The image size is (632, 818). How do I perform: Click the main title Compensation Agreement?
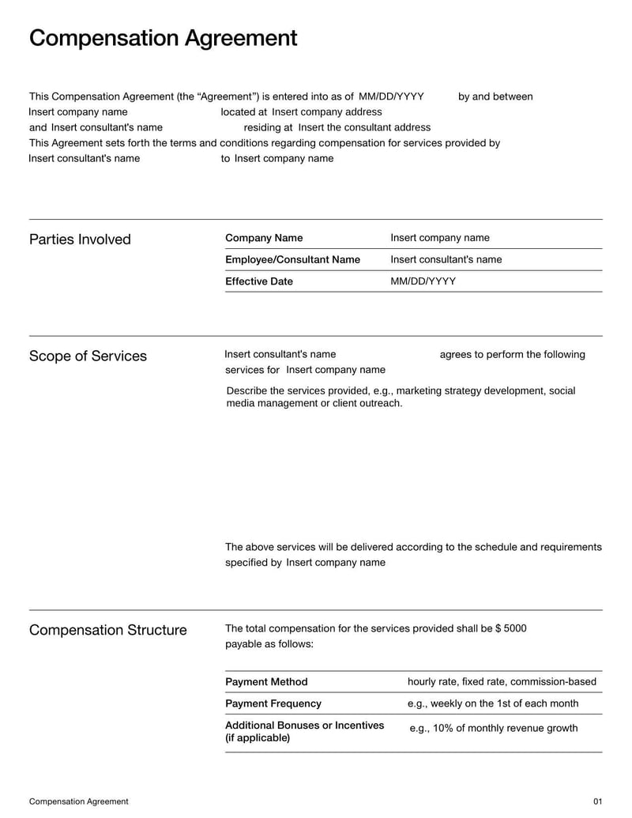pyautogui.click(x=163, y=38)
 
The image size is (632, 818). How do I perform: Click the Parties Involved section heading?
pyautogui.click(x=80, y=239)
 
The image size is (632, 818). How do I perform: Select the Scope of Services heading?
pyautogui.click(x=88, y=356)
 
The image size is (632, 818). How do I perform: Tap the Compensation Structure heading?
pyautogui.click(x=107, y=630)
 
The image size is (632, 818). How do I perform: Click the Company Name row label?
pyautogui.click(x=264, y=238)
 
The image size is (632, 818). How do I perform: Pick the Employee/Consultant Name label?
pyautogui.click(x=292, y=259)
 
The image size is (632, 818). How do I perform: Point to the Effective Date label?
pyautogui.click(x=258, y=281)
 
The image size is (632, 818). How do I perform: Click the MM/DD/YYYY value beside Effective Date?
pyautogui.click(x=423, y=281)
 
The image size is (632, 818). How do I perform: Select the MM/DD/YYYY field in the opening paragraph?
pyautogui.click(x=391, y=96)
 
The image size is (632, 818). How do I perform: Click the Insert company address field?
pyautogui.click(x=326, y=112)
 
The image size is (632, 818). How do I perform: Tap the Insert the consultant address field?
pyautogui.click(x=364, y=127)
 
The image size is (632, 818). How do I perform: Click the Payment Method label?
pyautogui.click(x=266, y=682)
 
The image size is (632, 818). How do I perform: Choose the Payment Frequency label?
pyautogui.click(x=273, y=703)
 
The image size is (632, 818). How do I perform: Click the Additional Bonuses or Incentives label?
pyautogui.click(x=304, y=726)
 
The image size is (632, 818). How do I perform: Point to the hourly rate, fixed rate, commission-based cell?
pyautogui.click(x=502, y=682)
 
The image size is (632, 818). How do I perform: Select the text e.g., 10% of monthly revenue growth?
pyautogui.click(x=494, y=728)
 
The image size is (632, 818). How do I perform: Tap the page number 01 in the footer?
pyautogui.click(x=597, y=801)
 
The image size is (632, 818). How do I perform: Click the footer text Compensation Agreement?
pyautogui.click(x=78, y=801)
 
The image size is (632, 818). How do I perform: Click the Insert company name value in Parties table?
pyautogui.click(x=440, y=238)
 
